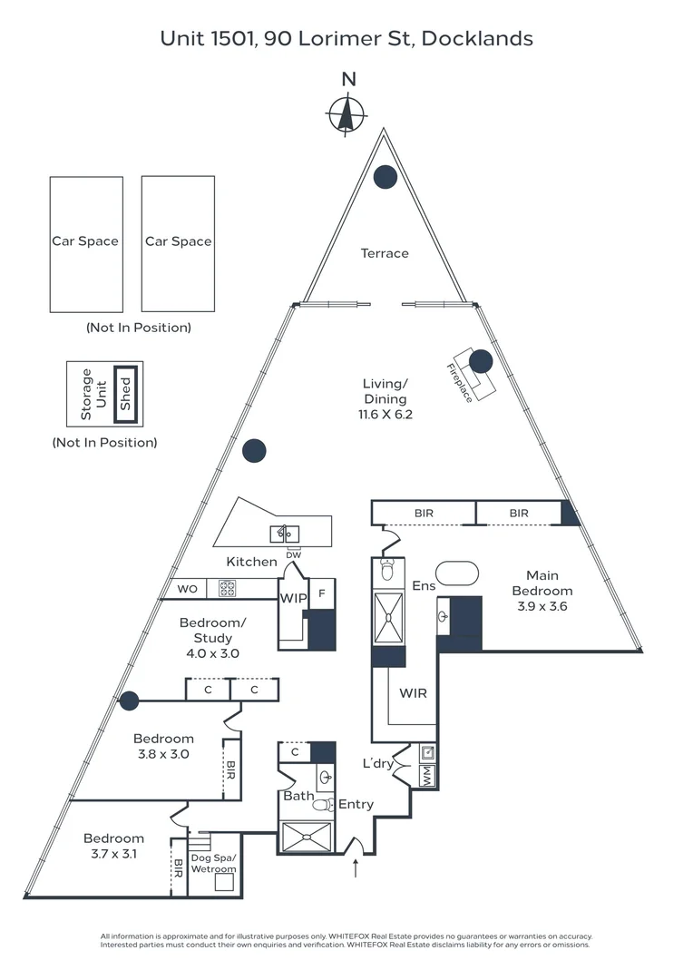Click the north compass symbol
[x=346, y=114]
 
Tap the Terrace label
[x=385, y=253]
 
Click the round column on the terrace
[x=386, y=177]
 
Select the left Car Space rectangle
[x=86, y=244]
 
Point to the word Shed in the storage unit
[x=125, y=394]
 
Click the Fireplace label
[x=460, y=383]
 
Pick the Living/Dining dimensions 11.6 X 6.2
[x=385, y=415]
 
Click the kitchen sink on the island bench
[x=284, y=534]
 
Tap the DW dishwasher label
[x=293, y=555]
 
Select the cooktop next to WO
[x=227, y=589]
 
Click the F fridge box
[x=322, y=593]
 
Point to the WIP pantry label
[x=293, y=598]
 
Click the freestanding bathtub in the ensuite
[x=457, y=573]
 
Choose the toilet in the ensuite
[x=387, y=569]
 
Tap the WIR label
[x=413, y=693]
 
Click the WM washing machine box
[x=427, y=776]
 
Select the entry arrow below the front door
[x=356, y=868]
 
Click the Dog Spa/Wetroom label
[x=213, y=863]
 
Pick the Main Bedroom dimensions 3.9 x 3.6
[x=542, y=606]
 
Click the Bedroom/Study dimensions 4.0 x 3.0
[x=212, y=653]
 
